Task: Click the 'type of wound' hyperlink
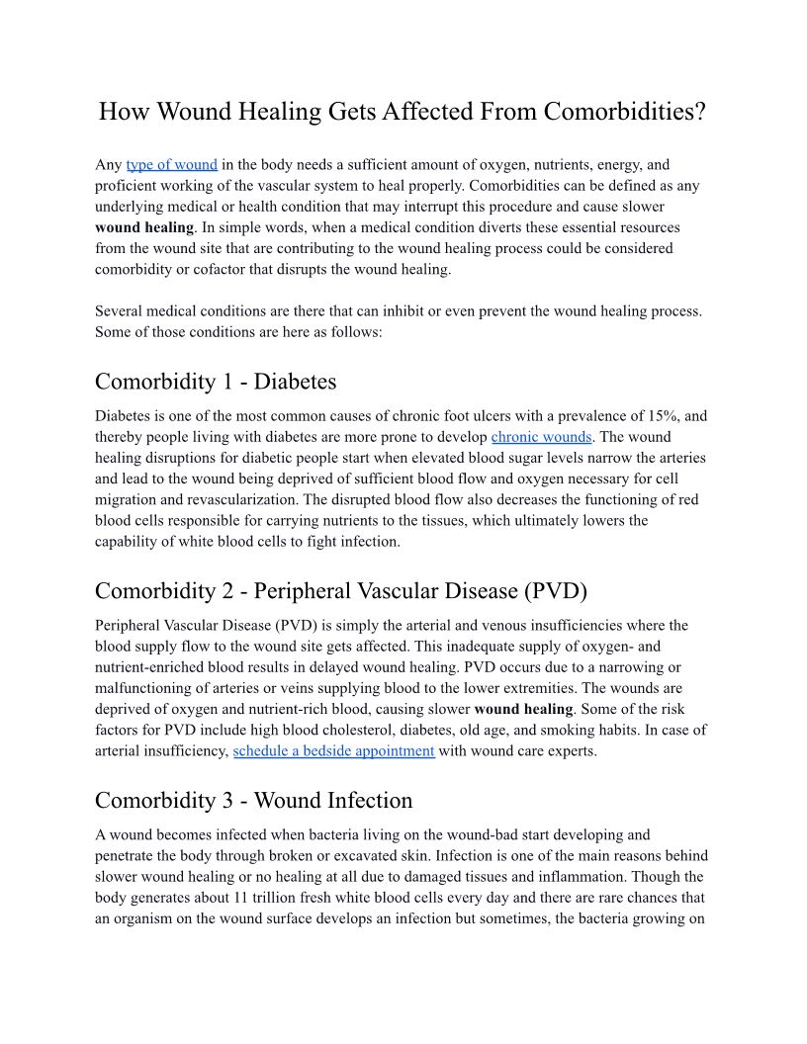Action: (x=171, y=165)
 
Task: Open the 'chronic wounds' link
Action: (x=541, y=437)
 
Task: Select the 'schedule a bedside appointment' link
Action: (x=333, y=751)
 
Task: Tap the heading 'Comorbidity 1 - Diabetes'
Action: (x=216, y=382)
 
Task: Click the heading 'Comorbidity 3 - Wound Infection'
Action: (x=253, y=800)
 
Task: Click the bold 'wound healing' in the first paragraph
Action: (x=144, y=227)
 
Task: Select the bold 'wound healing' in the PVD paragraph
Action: (x=523, y=709)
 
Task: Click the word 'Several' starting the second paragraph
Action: (x=120, y=311)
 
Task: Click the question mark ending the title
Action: (x=699, y=112)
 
